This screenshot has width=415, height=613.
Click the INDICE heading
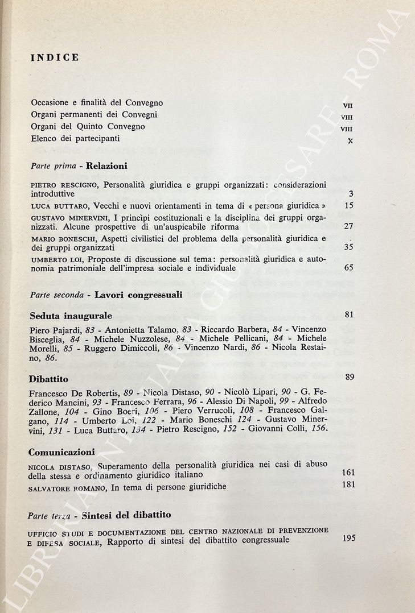pos(55,57)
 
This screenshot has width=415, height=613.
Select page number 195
pos(349,538)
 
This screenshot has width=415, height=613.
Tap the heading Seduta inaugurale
pos(71,315)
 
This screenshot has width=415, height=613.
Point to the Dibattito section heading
pos(48,378)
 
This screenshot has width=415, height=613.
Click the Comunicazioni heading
pos(61,452)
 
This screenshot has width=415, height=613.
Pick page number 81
pos(350,314)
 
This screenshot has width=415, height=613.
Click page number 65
pos(349,267)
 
